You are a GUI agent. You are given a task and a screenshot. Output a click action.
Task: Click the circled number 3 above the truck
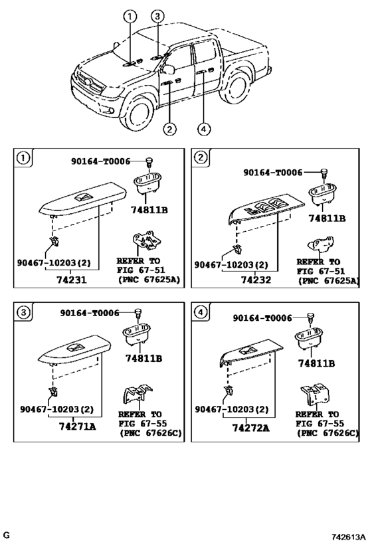(x=157, y=16)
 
